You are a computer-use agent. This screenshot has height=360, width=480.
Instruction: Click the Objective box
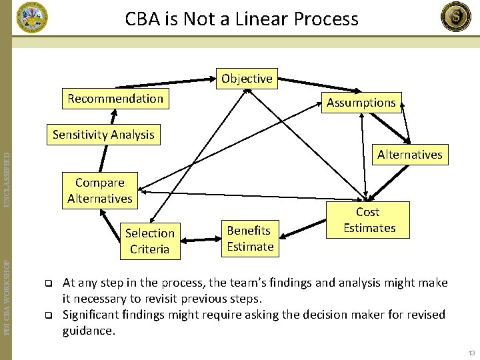[x=247, y=79]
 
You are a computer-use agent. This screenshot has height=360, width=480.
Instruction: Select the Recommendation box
[x=115, y=99]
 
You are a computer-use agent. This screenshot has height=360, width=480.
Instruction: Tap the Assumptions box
[x=361, y=103]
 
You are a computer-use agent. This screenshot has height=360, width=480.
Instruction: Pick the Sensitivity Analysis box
[x=103, y=135]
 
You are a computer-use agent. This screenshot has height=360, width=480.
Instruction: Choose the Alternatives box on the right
[x=409, y=155]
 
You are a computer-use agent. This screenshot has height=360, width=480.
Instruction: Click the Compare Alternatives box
[x=100, y=191]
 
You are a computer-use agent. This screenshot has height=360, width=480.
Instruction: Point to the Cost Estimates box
[x=369, y=220]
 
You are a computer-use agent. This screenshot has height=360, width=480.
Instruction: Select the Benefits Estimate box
[x=250, y=239]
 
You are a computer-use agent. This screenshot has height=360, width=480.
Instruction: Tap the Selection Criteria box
[x=149, y=241]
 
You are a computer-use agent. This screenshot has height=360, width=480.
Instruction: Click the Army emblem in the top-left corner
[x=32, y=17]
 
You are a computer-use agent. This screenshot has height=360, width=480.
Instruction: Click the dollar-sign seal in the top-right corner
[x=456, y=17]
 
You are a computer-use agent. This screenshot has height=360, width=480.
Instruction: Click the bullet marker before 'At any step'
[x=48, y=283]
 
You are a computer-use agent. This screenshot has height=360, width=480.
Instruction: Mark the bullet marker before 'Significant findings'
[x=48, y=315]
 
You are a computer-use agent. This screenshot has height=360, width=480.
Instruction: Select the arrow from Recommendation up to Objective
[x=173, y=83]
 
